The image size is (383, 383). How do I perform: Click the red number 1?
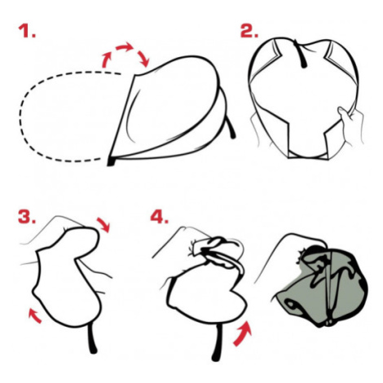point(26,31)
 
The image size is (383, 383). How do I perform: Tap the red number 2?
point(249,31)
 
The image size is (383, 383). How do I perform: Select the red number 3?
point(27,216)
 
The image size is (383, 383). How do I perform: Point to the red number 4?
point(160,217)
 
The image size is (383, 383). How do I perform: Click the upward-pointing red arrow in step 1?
point(106,59)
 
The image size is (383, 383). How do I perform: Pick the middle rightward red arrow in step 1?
point(125,46)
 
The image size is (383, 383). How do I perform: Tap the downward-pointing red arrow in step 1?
point(143,58)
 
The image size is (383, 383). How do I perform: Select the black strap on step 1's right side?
point(231,128)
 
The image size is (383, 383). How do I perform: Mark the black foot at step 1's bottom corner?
point(111,161)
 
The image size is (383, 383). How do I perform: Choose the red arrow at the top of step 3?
point(103,224)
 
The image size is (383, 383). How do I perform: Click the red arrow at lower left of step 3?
point(35,315)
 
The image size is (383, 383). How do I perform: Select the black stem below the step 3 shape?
point(91,340)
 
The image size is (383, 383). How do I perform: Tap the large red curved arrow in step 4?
point(243,333)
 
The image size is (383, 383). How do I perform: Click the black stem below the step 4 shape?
point(217,343)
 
